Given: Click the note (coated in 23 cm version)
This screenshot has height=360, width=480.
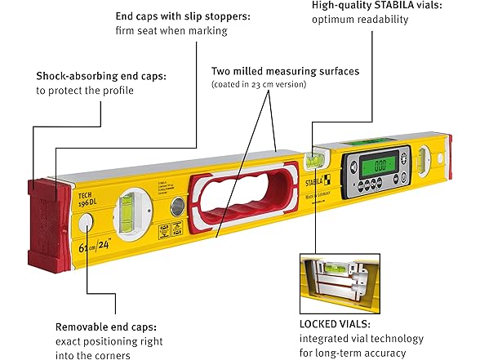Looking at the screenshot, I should [258, 85].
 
